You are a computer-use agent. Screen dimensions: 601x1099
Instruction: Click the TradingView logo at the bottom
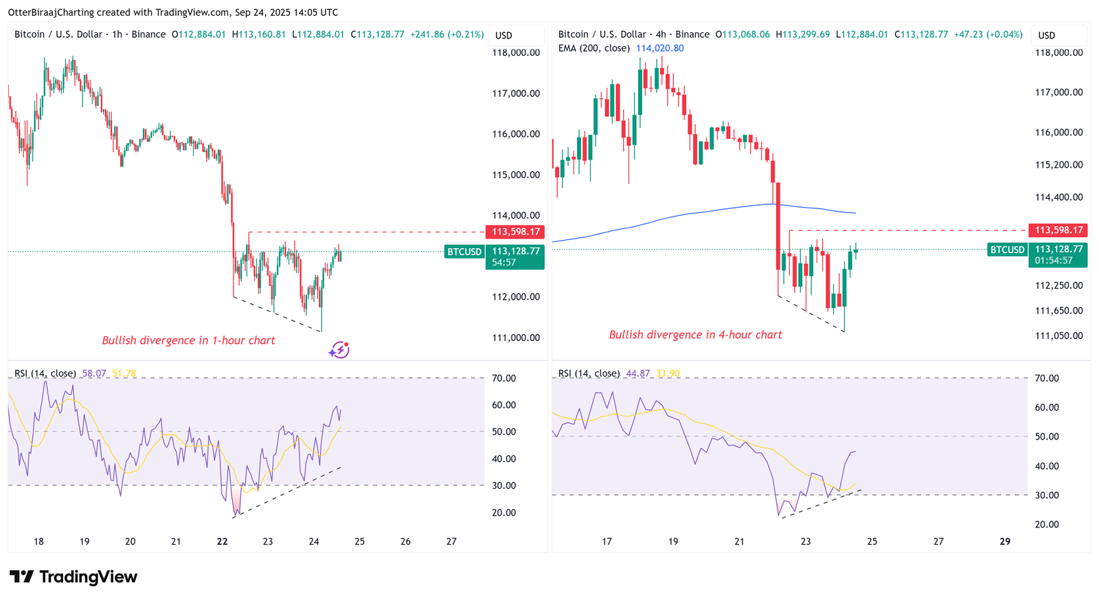(x=73, y=576)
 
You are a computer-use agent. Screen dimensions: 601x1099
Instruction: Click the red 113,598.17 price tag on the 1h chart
(x=515, y=232)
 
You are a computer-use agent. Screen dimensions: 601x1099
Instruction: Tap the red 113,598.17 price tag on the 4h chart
(x=1058, y=230)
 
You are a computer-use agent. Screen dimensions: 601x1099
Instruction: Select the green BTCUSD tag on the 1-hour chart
(x=464, y=252)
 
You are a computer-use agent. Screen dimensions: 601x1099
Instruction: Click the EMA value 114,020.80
(x=659, y=48)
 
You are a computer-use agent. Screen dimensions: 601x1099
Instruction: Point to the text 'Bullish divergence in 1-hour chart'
(x=188, y=340)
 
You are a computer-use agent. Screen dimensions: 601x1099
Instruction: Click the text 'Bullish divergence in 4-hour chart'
(x=695, y=335)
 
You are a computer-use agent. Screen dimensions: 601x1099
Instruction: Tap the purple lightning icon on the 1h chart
(x=339, y=350)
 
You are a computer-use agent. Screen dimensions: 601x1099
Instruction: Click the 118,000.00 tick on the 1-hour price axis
(x=516, y=52)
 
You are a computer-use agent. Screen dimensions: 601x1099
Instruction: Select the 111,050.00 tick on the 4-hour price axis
(x=1058, y=336)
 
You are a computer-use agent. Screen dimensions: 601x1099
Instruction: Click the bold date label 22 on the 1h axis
(x=222, y=541)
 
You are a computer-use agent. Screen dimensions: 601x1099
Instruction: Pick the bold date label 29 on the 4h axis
(x=1005, y=541)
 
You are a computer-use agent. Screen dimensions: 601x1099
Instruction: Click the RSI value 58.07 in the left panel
(x=94, y=373)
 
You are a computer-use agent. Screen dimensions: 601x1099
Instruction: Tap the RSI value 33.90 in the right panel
(x=668, y=373)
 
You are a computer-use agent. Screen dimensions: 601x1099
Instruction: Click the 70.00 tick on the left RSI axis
(x=503, y=378)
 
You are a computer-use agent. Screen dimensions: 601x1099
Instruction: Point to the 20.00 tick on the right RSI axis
(x=1047, y=524)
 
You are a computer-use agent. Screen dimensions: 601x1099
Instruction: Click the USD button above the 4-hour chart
(x=1047, y=35)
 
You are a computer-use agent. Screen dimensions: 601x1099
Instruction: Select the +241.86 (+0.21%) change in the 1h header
(x=446, y=34)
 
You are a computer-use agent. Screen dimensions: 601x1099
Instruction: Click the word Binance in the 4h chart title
(x=692, y=34)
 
